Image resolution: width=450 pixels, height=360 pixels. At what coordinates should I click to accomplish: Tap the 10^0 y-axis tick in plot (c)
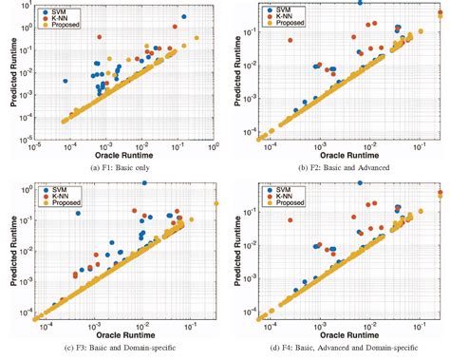tap(28, 189)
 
